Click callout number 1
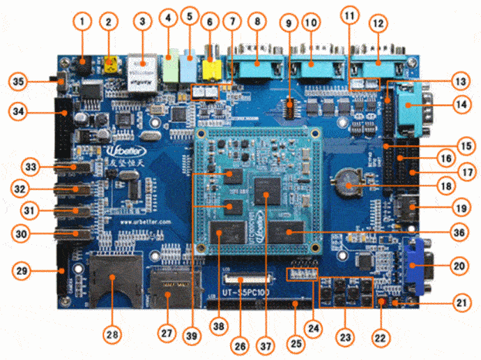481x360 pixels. [x=82, y=22]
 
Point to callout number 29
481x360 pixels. [x=21, y=270]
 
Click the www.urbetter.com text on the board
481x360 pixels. [x=145, y=222]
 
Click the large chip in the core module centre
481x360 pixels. [x=266, y=189]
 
